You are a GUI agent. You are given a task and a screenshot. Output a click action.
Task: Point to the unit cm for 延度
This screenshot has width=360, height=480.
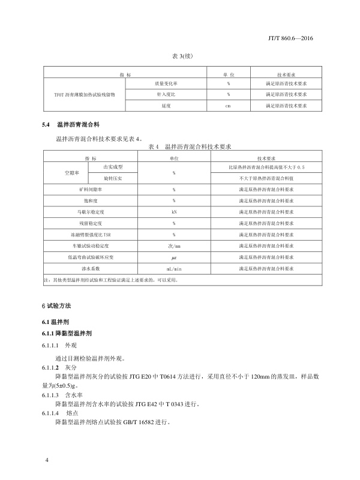click(x=228, y=106)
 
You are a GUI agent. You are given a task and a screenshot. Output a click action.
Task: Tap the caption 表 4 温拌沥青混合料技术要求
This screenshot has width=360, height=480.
click(x=189, y=146)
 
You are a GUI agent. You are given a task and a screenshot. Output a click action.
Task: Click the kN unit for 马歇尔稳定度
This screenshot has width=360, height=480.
click(x=173, y=212)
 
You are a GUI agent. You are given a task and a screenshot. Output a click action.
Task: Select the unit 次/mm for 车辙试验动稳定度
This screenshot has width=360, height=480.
click(x=173, y=246)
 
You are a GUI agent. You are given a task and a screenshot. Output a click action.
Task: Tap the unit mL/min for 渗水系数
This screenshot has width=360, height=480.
click(x=173, y=269)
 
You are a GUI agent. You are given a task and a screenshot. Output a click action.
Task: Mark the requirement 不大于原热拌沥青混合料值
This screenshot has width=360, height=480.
click(x=266, y=178)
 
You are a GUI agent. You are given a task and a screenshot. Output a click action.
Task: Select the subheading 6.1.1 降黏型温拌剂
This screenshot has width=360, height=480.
click(x=67, y=333)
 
